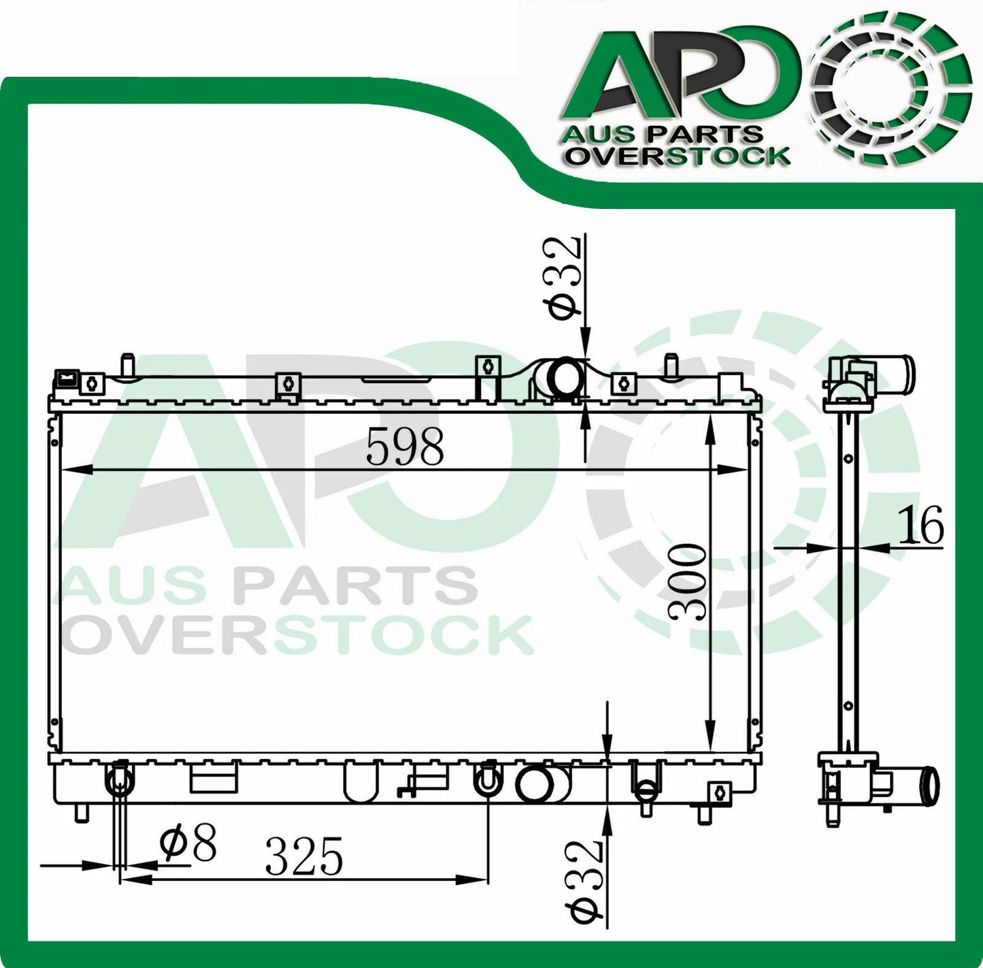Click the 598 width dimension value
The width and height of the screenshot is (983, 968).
405,447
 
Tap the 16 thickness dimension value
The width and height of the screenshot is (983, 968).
920,525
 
